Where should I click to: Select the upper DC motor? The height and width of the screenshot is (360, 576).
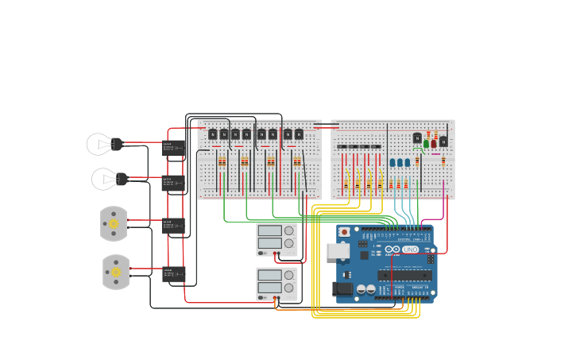pos(114,223)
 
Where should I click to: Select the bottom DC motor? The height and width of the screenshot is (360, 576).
pos(116,272)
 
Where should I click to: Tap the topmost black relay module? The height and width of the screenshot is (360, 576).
pos(172,147)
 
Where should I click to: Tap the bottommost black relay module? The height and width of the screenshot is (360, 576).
pos(172,274)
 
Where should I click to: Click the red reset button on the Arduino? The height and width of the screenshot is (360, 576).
pos(344,232)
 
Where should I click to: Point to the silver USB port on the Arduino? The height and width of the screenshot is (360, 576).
pos(338,251)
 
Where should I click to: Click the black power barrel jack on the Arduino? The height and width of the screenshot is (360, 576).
pos(342,288)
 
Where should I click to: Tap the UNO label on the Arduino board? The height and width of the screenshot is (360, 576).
pos(410,250)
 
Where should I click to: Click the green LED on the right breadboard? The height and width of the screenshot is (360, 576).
pos(427,144)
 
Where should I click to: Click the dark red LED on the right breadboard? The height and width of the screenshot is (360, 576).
pos(434,144)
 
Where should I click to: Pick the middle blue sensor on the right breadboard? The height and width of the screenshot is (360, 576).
pos(400,162)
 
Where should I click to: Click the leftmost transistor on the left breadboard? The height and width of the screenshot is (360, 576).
pos(213,134)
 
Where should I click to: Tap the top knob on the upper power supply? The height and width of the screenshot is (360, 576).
pos(288,230)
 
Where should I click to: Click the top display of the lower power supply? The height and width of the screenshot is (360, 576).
pos(269,274)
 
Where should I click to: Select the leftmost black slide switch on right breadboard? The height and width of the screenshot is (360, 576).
pos(342,147)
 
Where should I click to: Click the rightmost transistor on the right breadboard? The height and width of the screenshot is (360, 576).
pos(443,141)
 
